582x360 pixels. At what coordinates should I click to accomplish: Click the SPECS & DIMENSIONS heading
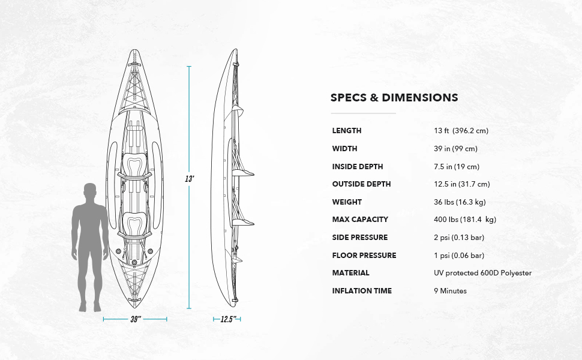click(x=394, y=98)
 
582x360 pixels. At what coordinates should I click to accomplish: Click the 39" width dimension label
click(x=135, y=319)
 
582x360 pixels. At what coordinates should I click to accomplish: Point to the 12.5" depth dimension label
click(x=226, y=319)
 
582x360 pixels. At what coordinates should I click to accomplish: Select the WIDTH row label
click(x=344, y=149)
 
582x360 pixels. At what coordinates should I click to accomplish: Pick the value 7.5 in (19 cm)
click(x=456, y=167)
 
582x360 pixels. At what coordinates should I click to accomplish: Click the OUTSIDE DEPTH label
click(x=361, y=184)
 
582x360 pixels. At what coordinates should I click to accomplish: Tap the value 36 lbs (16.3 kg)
click(x=460, y=202)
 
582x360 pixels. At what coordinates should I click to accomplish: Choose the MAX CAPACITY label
click(x=360, y=220)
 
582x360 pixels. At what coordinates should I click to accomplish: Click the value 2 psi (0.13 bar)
click(x=459, y=238)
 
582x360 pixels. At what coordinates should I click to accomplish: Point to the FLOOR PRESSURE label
click(x=364, y=256)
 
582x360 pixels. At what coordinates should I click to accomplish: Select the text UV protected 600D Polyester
click(x=482, y=273)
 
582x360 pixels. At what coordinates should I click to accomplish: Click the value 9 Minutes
click(x=450, y=291)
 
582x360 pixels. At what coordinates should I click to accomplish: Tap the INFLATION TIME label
click(x=362, y=291)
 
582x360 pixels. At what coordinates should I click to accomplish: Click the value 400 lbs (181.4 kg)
click(x=465, y=220)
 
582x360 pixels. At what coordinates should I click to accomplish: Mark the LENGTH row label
click(x=347, y=131)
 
